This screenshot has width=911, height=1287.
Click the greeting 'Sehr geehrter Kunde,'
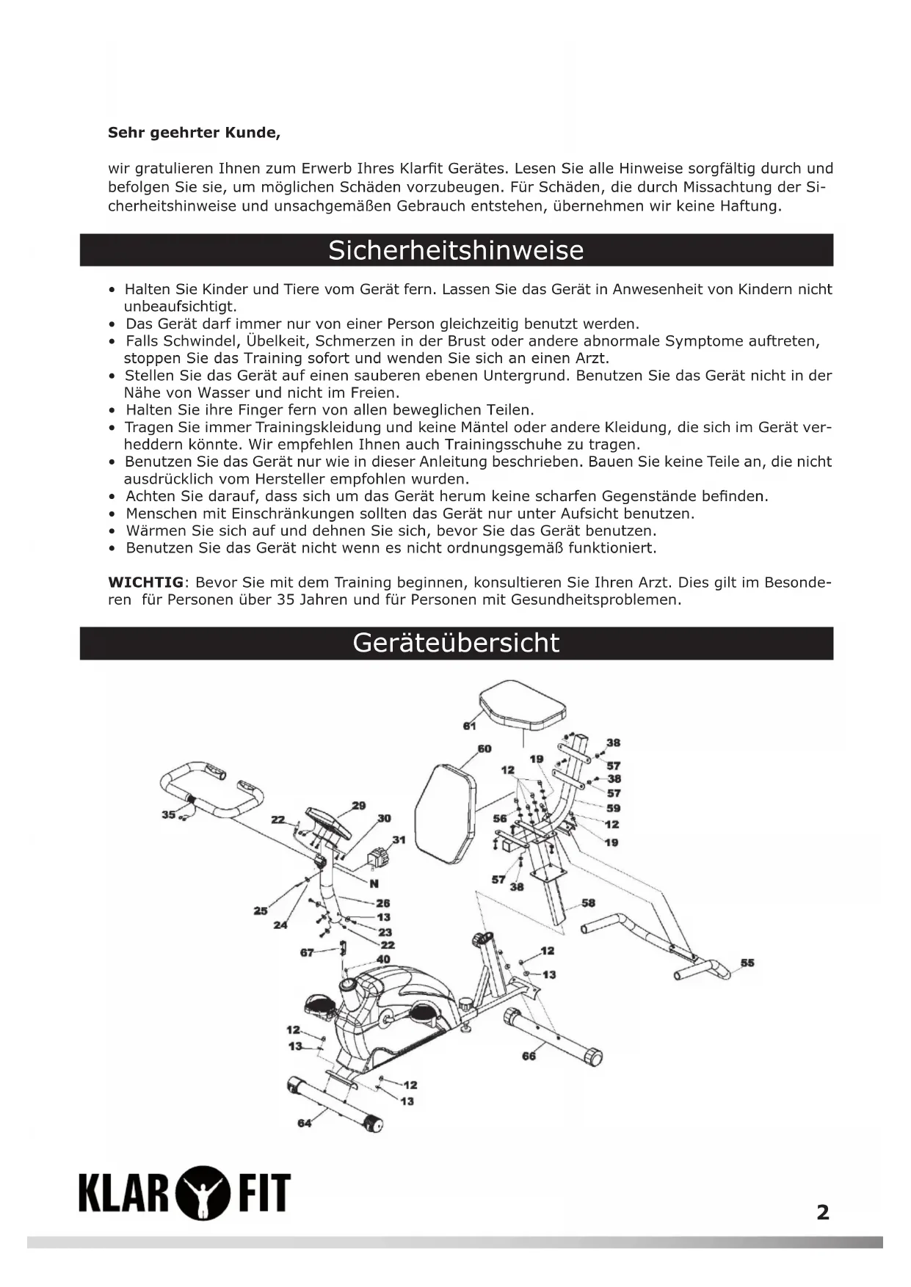[x=194, y=134]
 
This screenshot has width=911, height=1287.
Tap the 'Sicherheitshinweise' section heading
[x=456, y=250]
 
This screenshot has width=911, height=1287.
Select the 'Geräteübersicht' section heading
[x=456, y=643]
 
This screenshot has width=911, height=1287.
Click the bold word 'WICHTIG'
[x=145, y=583]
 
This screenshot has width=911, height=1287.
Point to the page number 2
[x=823, y=1212]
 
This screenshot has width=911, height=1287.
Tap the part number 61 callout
[x=470, y=726]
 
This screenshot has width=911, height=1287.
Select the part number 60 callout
[x=484, y=748]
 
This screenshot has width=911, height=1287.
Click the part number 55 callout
[x=747, y=963]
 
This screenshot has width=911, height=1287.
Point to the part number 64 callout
[x=304, y=1123]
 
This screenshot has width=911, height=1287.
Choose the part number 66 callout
[x=529, y=1056]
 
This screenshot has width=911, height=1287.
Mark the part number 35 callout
[x=168, y=814]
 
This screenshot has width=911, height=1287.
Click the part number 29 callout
[x=358, y=806]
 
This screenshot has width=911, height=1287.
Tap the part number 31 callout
[x=399, y=839]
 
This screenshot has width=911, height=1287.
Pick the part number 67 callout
[x=307, y=952]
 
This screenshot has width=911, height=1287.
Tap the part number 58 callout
[x=588, y=903]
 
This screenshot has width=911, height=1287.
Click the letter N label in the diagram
[x=374, y=883]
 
